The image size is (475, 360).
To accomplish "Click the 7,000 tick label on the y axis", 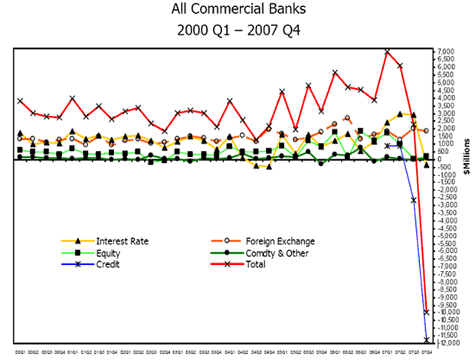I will (x=446, y=51).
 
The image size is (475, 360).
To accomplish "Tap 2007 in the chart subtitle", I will (x=267, y=32).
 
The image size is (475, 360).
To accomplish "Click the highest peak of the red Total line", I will (x=388, y=51).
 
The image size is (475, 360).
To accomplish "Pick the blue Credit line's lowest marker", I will (x=426, y=340).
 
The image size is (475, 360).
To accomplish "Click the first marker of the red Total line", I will (x=20, y=100).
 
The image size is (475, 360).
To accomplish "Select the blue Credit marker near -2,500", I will (x=413, y=200).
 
